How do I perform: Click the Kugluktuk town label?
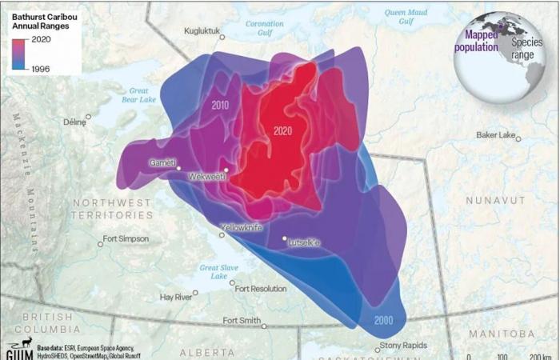199,30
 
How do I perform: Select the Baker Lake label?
496,135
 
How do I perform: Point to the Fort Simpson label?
126,239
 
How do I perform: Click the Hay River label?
176,297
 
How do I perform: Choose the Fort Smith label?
242,321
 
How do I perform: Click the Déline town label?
74,122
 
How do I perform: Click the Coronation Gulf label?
264,29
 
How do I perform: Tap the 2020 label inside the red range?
282,131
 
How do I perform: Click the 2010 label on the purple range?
221,105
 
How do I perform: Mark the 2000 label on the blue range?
383,320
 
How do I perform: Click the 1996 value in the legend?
40,69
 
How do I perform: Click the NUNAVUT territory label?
498,199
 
